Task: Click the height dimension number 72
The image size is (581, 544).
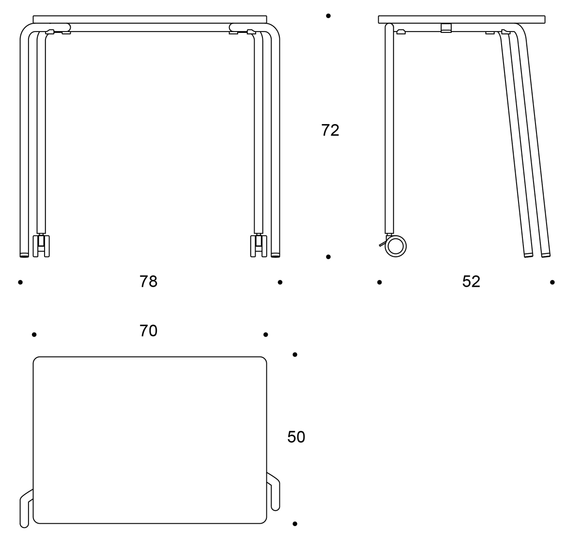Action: [330, 130]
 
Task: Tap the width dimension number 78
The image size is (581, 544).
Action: [148, 281]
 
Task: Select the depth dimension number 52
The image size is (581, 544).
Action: [471, 281]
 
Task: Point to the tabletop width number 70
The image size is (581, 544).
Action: [148, 331]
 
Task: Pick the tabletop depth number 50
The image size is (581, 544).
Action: [296, 437]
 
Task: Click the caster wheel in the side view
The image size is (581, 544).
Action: [396, 246]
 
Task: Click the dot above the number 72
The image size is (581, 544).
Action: [328, 16]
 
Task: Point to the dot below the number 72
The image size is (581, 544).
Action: [328, 257]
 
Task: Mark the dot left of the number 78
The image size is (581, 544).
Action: [20, 282]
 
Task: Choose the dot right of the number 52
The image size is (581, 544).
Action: [552, 282]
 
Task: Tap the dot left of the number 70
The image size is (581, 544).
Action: [34, 335]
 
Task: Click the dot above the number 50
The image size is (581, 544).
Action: [295, 355]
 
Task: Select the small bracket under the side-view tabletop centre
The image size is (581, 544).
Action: [446, 28]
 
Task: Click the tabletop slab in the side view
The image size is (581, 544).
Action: [461, 19]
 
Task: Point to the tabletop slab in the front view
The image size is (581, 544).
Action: [150, 19]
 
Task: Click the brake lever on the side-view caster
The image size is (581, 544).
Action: [382, 244]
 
